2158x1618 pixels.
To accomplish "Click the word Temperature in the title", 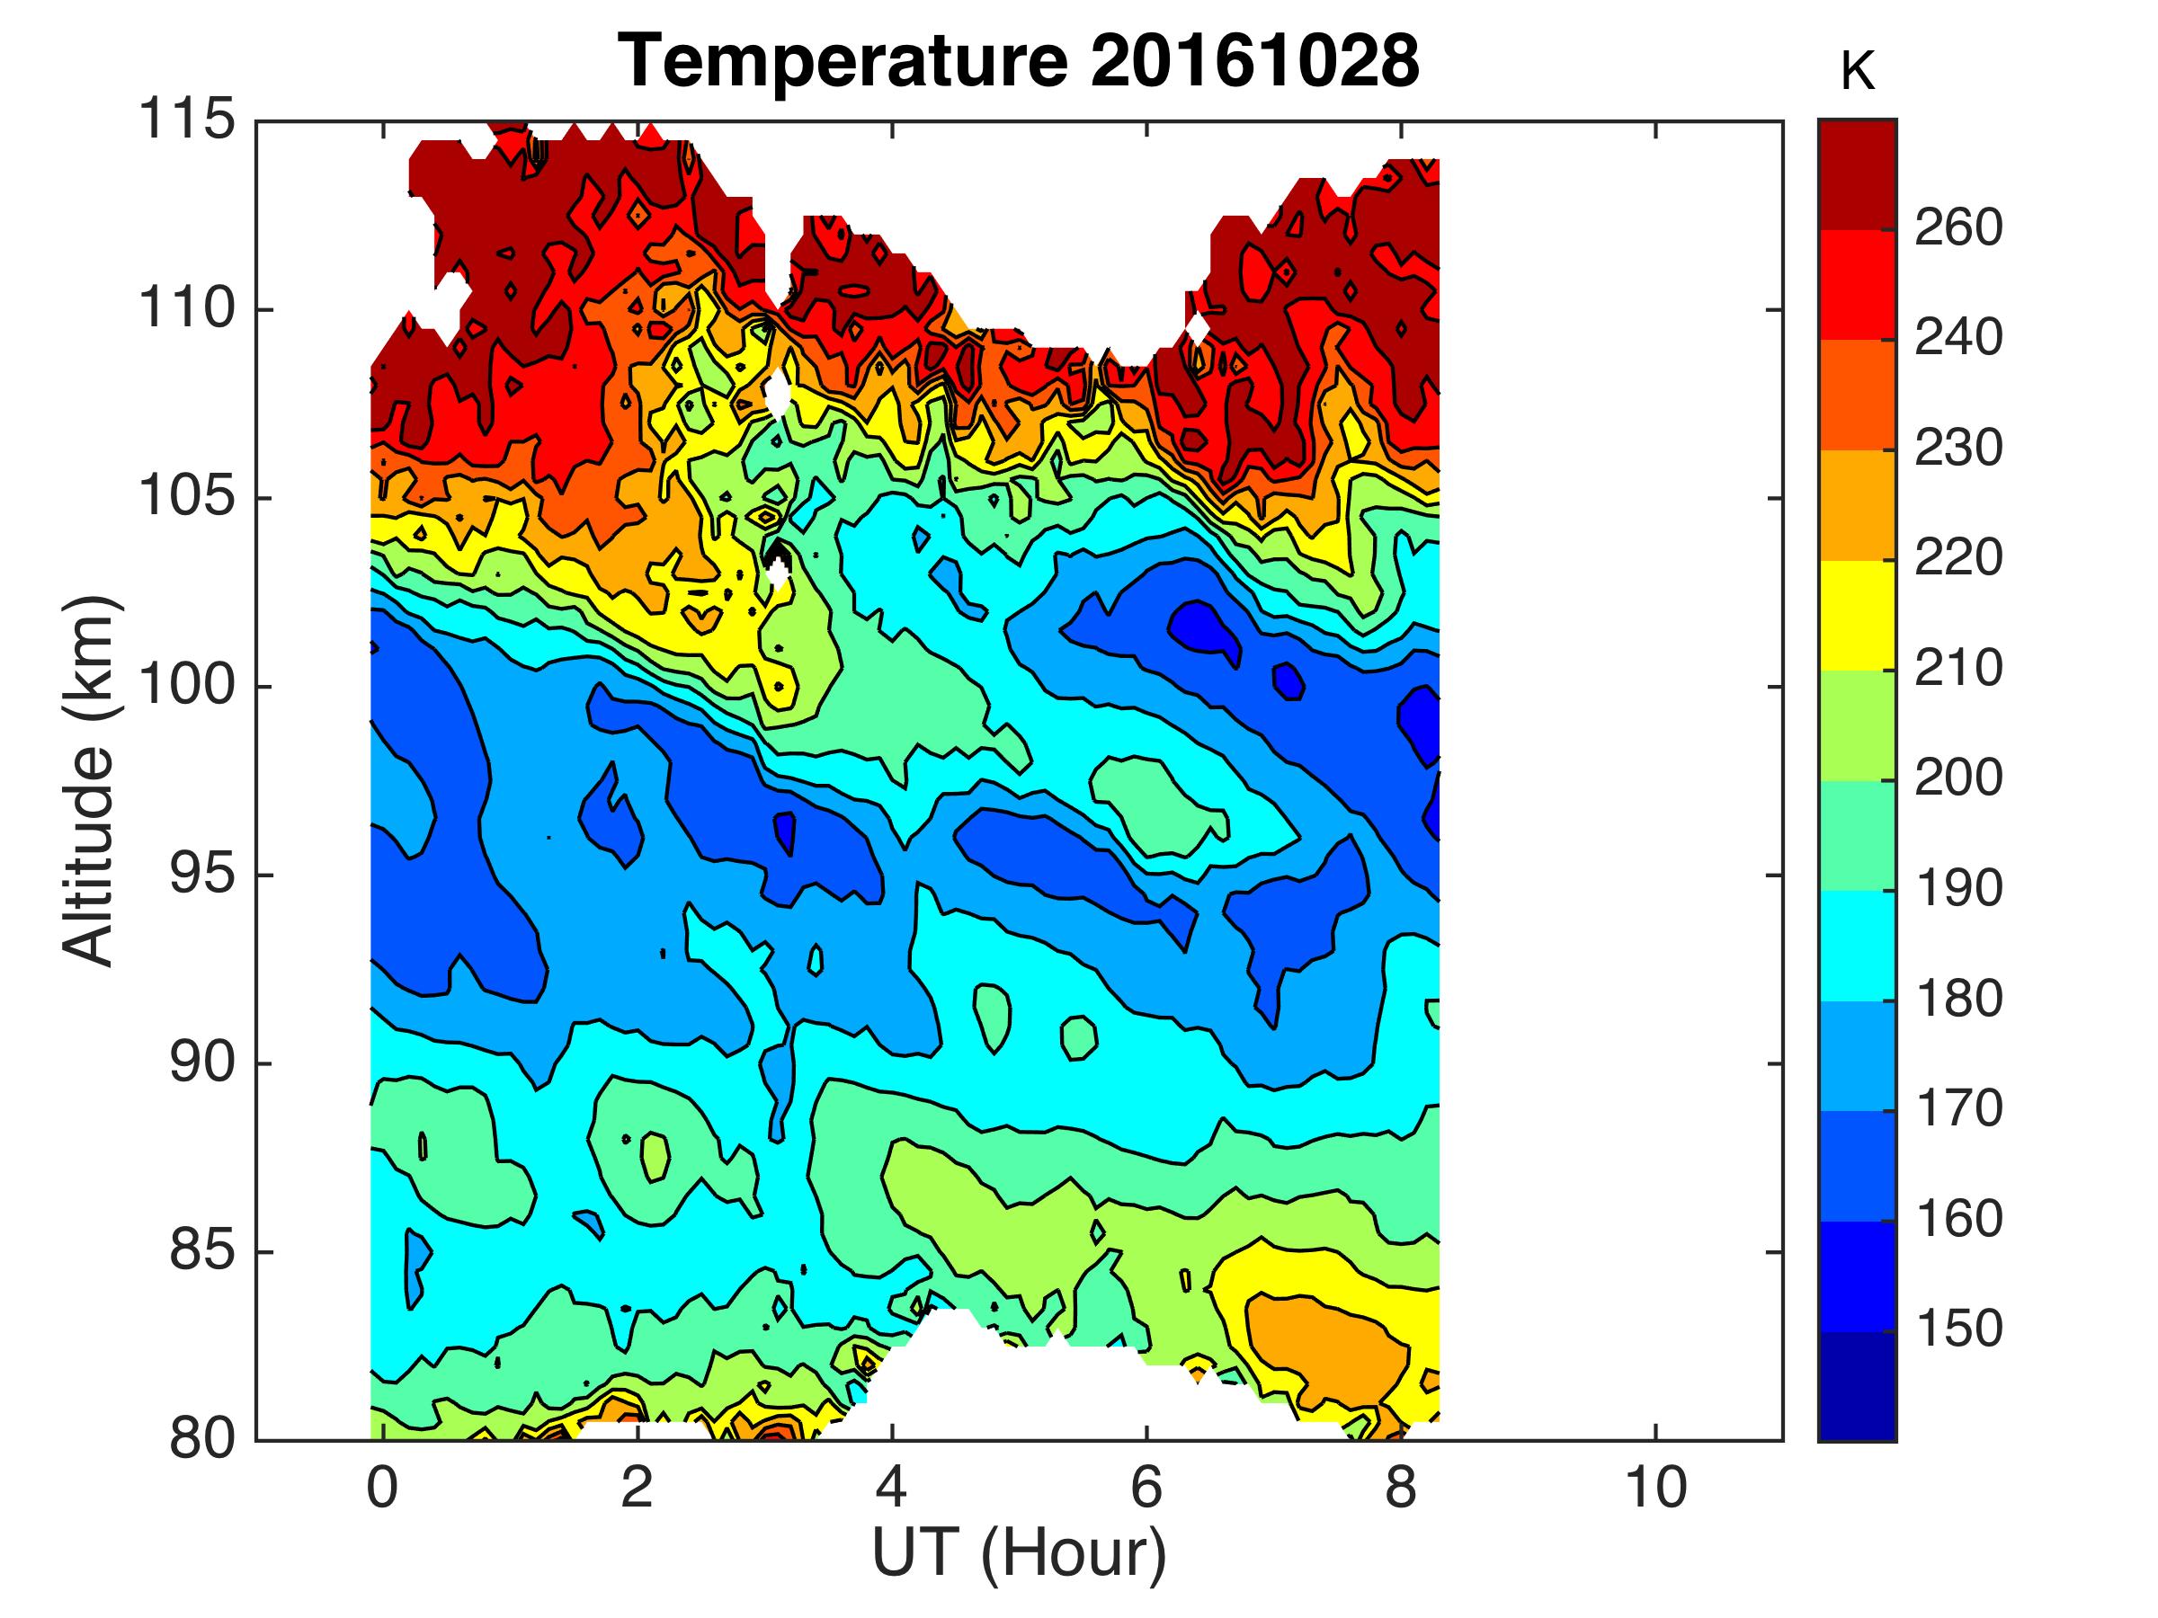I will [x=844, y=60].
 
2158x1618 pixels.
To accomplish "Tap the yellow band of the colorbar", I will [x=1857, y=615].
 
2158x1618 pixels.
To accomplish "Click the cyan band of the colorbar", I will [x=1857, y=946].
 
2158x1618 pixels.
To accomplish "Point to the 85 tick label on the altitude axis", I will [x=202, y=1251].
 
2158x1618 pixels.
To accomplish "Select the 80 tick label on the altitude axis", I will [x=202, y=1439].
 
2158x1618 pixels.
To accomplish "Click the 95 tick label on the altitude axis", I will [x=202, y=875].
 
